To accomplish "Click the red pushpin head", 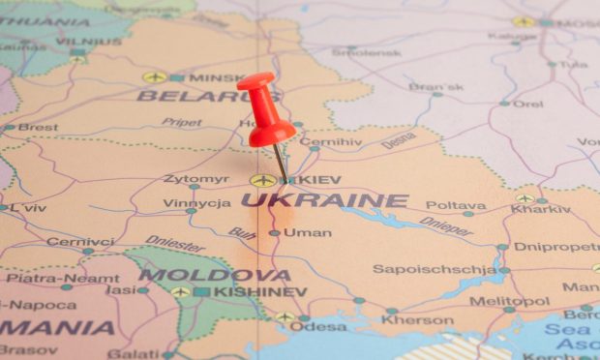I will [264, 106].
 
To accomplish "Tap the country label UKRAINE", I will [324, 200].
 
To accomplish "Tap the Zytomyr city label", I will [196, 179].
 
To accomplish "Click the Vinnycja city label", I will [196, 203].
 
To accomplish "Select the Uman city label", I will [308, 232].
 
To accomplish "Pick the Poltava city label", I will [456, 205].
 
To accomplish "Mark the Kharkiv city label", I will [541, 209].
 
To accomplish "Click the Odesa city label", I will [318, 326].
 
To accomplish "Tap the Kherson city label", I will [417, 320].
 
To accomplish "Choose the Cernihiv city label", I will [331, 141].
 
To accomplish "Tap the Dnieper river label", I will [446, 227].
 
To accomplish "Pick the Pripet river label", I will [181, 123].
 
